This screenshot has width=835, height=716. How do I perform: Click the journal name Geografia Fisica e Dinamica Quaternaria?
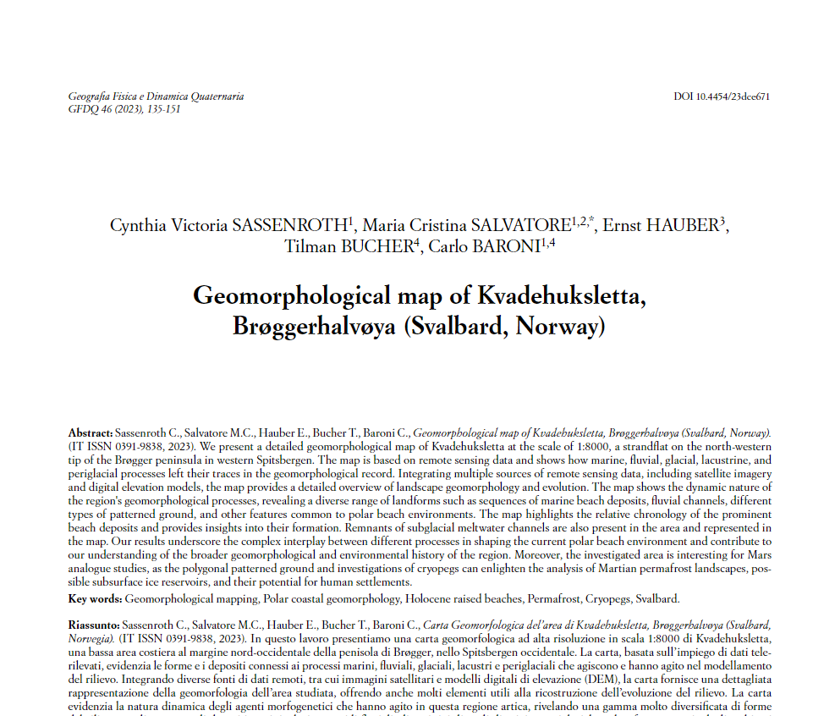156,96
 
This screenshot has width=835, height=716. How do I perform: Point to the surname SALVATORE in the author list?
509,227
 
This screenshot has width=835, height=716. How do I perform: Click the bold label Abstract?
90,432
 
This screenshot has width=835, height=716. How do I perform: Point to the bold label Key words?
95,599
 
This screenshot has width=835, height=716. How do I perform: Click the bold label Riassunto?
94,624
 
